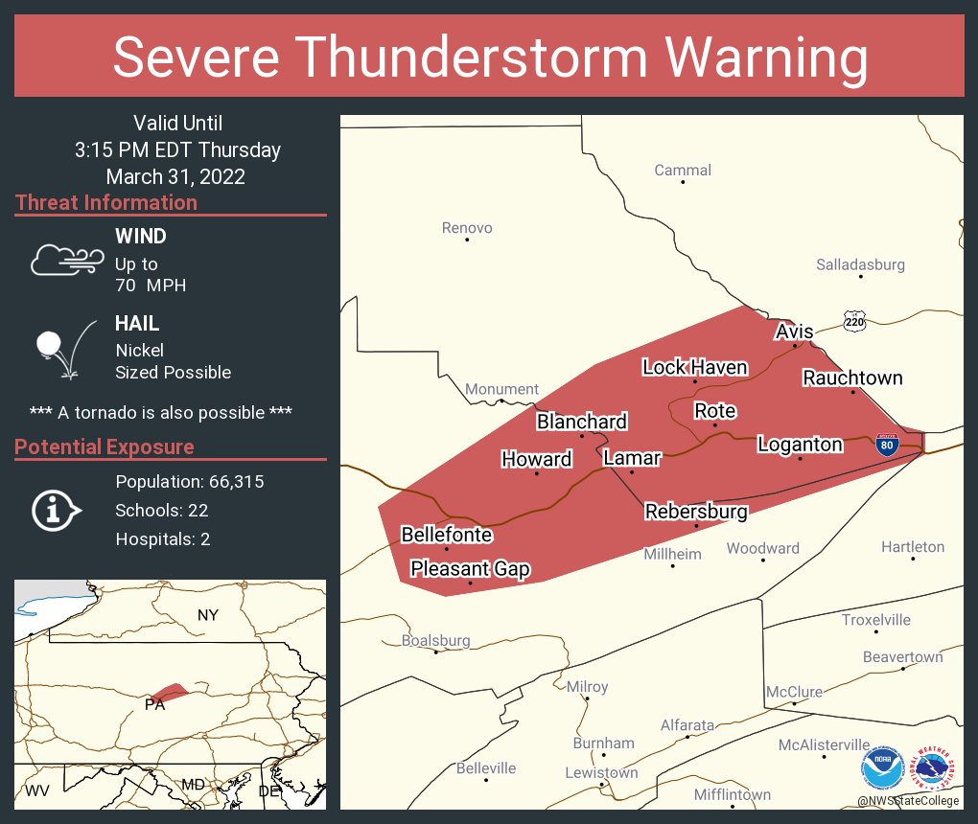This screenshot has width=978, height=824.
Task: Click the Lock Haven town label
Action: pyautogui.click(x=694, y=367)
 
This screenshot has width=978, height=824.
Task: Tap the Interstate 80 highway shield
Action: pyautogui.click(x=888, y=445)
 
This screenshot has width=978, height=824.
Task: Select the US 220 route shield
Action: pyautogui.click(x=854, y=321)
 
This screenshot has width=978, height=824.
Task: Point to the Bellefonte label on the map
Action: pyautogui.click(x=446, y=535)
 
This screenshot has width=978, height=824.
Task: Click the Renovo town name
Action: pyautogui.click(x=467, y=228)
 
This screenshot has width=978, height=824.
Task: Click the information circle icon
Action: pyautogui.click(x=58, y=511)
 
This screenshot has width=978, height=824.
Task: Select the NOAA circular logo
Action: pyautogui.click(x=883, y=767)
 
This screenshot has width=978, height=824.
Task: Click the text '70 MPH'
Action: pyautogui.click(x=151, y=286)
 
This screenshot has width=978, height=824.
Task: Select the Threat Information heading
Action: pyautogui.click(x=106, y=203)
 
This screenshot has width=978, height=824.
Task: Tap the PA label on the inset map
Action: pyautogui.click(x=154, y=705)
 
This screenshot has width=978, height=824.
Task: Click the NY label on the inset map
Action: pyautogui.click(x=208, y=615)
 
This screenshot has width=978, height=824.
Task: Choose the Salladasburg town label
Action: pyautogui.click(x=860, y=264)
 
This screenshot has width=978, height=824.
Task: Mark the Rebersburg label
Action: pyautogui.click(x=696, y=512)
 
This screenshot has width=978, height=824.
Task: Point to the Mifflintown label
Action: pyautogui.click(x=733, y=795)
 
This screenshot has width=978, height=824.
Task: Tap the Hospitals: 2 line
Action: pyautogui.click(x=163, y=539)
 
